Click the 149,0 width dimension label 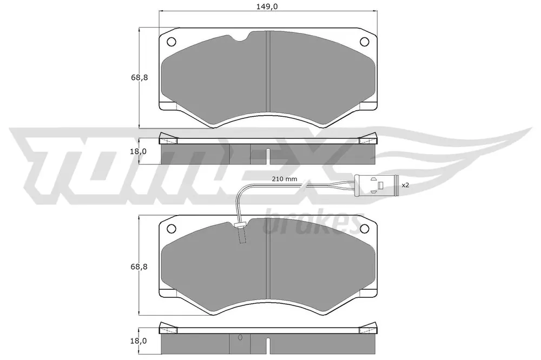tap(268, 6)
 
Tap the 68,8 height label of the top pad tap(140, 77)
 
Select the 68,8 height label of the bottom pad tap(140, 266)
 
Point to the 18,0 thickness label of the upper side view tap(138, 151)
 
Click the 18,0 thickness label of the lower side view tap(138, 341)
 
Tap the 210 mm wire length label tap(285, 179)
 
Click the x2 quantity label tap(405, 185)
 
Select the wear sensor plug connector tap(377, 185)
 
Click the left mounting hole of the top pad tap(171, 42)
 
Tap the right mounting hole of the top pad tap(364, 42)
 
